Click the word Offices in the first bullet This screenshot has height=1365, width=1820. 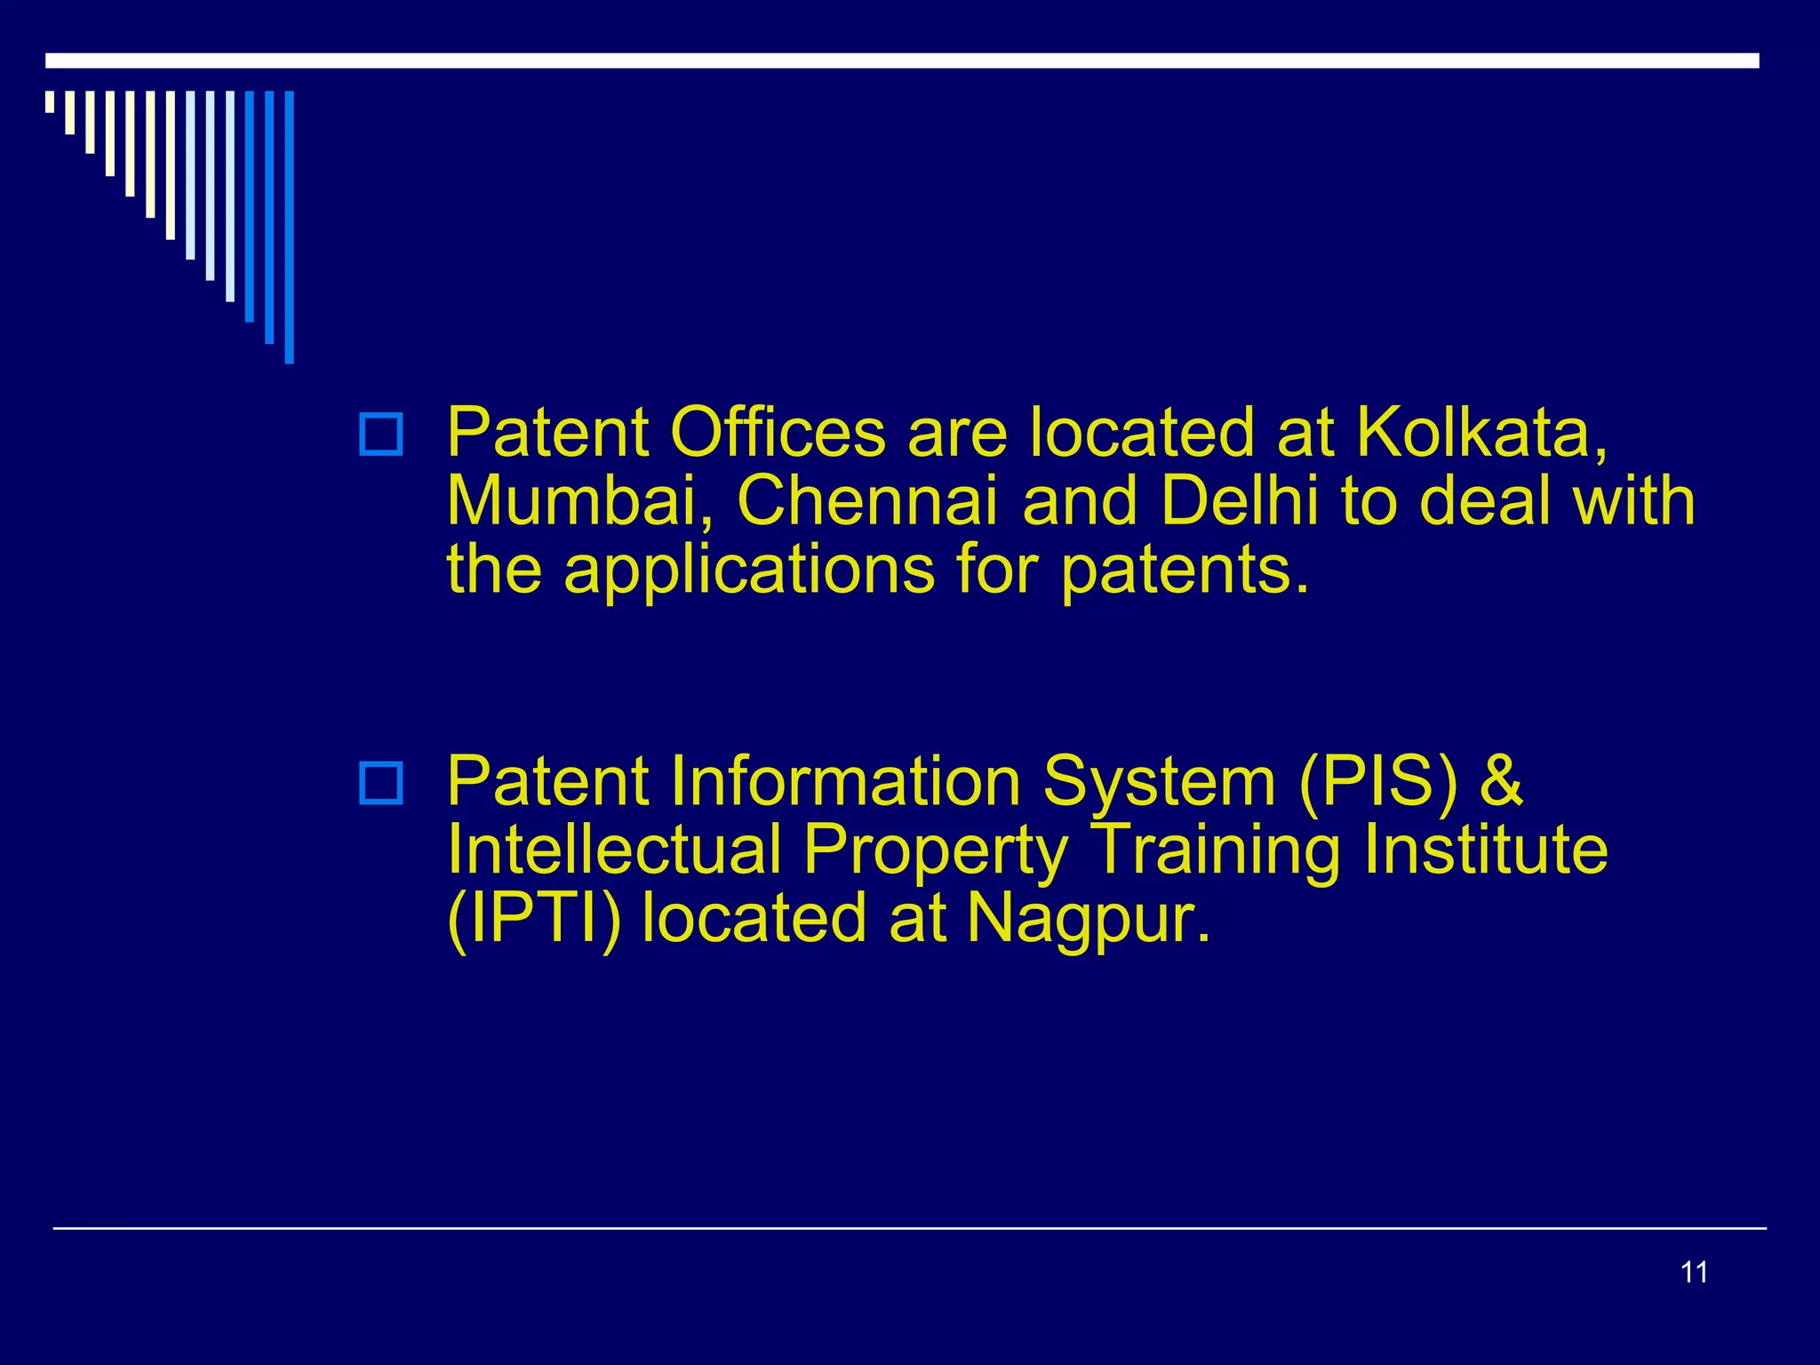tap(778, 433)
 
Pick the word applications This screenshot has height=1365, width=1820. tap(749, 570)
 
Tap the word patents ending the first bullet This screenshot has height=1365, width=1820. tap(1185, 570)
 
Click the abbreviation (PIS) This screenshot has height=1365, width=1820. tap(1378, 781)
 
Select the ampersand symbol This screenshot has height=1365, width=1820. tap(1501, 781)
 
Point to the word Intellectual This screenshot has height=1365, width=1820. tap(614, 850)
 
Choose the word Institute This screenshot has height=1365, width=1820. tap(1486, 850)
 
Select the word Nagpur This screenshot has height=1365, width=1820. tap(1089, 921)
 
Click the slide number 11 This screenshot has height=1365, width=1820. tap(1694, 1273)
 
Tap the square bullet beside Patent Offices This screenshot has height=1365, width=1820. tap(380, 435)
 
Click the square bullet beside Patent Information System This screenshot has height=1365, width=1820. tap(380, 783)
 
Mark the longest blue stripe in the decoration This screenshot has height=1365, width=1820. tap(289, 227)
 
